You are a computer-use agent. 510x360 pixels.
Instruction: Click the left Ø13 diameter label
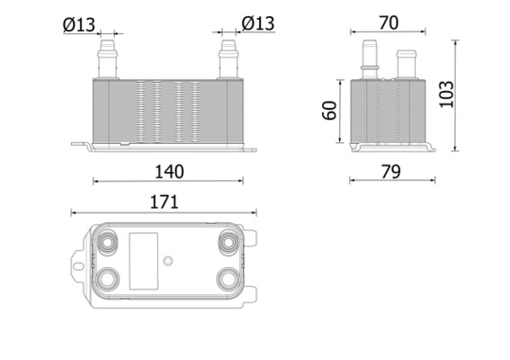click(80, 24)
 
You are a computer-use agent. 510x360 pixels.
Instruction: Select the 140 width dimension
click(169, 171)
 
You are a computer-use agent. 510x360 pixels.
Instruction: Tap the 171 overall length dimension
click(163, 203)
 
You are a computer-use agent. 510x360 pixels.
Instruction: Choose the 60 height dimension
click(329, 111)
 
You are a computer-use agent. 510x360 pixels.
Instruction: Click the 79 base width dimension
click(389, 171)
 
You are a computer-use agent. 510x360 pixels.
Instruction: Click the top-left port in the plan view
click(110, 242)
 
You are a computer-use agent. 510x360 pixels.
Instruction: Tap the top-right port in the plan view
click(228, 242)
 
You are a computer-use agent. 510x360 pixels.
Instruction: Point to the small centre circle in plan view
click(167, 261)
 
